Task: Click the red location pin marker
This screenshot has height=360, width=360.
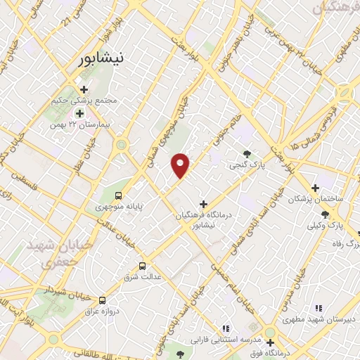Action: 181,165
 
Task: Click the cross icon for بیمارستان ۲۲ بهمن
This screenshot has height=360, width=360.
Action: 79,112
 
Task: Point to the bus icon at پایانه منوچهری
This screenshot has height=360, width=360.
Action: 118,195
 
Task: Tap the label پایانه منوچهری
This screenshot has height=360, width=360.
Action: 120,207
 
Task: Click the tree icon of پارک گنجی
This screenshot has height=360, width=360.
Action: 246,154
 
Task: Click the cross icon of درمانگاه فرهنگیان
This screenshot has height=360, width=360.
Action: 204,204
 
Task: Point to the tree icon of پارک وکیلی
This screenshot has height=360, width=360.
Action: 324,214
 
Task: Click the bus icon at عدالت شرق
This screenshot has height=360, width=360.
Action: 142,266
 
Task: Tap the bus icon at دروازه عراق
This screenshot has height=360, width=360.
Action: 103,300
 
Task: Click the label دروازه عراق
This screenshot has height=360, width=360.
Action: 102,311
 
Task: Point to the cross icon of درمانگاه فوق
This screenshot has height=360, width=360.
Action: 270,342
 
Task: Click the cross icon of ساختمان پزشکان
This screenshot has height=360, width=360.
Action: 315,188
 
